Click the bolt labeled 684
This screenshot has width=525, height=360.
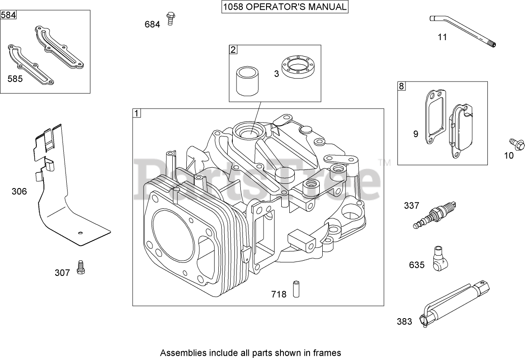171,18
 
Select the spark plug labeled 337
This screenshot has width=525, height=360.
435,215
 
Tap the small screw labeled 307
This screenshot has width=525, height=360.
80,268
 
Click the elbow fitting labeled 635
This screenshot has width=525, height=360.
439,259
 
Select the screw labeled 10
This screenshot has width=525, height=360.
517,143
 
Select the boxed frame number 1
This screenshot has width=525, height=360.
137,113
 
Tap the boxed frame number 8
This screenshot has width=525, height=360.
401,86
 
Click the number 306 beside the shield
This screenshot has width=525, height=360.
19,191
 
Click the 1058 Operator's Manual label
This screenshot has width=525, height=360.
285,7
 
